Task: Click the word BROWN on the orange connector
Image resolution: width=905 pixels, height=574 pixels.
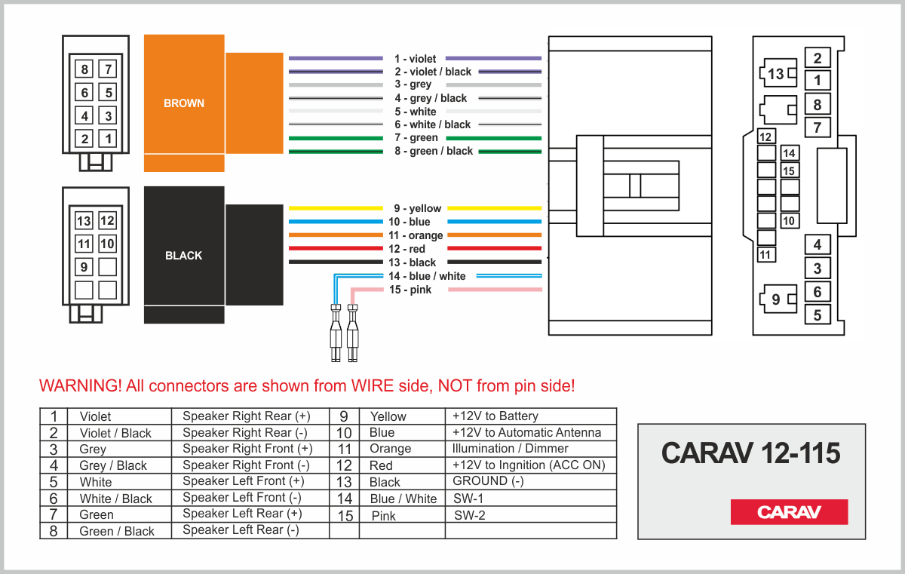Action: click(x=184, y=103)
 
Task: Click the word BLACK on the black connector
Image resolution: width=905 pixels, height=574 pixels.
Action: click(x=184, y=256)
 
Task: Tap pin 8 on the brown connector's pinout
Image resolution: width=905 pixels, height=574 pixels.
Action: click(x=84, y=70)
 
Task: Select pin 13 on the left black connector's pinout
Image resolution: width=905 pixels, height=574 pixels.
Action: click(x=84, y=221)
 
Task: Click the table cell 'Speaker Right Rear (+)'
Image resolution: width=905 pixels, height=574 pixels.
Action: click(x=246, y=416)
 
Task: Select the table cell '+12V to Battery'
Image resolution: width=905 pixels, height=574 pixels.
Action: click(x=495, y=416)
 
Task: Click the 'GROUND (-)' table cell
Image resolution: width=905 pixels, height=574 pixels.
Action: click(x=488, y=481)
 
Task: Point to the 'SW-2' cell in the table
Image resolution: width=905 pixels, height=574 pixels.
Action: click(x=469, y=515)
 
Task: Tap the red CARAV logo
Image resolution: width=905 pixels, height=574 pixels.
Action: click(x=789, y=512)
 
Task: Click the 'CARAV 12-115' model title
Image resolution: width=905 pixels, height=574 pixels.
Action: click(x=750, y=453)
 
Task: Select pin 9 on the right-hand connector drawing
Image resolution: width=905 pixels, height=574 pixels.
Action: click(x=776, y=300)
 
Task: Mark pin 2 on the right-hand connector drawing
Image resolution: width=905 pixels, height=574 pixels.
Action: click(x=817, y=58)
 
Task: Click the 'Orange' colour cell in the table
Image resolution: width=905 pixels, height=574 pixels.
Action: click(x=390, y=449)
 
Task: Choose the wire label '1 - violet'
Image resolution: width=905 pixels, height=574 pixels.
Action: click(x=415, y=59)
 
